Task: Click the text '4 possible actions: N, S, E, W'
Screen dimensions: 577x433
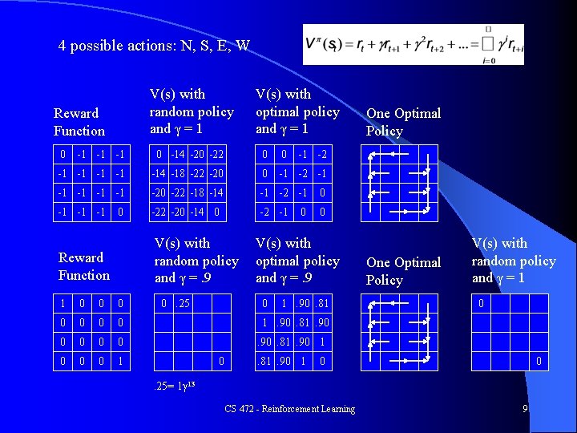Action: click(x=154, y=46)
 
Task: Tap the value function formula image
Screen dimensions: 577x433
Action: click(x=414, y=44)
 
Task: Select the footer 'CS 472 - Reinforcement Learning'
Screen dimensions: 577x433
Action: click(x=290, y=409)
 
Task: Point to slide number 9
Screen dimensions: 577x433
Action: click(x=525, y=409)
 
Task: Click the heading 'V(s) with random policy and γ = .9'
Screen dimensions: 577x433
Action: click(x=196, y=261)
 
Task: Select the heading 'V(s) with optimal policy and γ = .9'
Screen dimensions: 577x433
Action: click(x=297, y=261)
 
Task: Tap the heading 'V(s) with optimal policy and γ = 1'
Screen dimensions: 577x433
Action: click(x=297, y=111)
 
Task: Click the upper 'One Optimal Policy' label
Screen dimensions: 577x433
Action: click(x=403, y=122)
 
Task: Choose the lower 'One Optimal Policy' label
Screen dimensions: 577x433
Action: click(x=403, y=271)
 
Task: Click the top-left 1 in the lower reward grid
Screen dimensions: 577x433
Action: click(x=63, y=304)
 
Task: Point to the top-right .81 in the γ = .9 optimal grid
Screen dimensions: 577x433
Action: click(x=322, y=304)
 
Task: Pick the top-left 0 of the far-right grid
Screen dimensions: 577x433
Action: click(x=481, y=304)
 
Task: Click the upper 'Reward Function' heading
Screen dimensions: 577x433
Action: click(x=79, y=122)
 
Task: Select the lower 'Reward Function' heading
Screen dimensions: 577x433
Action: click(x=83, y=266)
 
